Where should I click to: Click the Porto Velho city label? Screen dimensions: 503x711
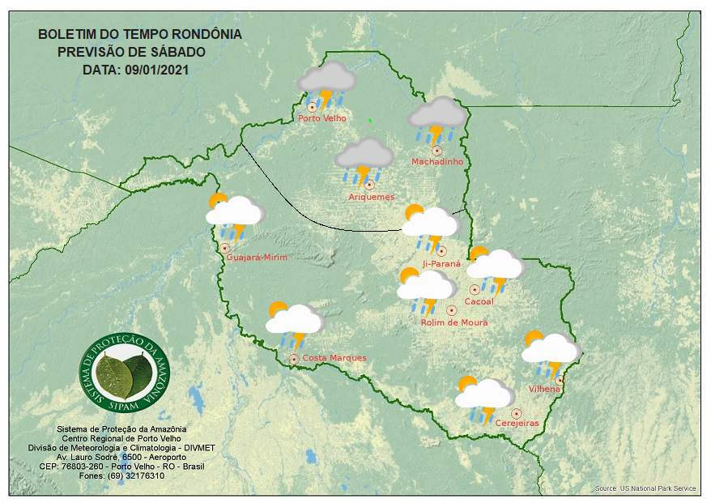point(322,118)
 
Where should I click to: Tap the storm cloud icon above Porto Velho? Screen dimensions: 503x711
point(326,84)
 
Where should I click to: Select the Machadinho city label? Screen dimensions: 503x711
point(437,162)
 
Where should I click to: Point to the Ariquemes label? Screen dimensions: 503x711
point(372,197)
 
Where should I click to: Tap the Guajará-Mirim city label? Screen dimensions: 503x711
point(257,258)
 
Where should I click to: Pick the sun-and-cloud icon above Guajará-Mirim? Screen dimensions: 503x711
point(234,215)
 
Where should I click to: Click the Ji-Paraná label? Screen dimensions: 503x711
point(441,264)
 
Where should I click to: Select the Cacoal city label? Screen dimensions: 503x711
point(479,302)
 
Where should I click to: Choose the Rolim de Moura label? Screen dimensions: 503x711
point(454,322)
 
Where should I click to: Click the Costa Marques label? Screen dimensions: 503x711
point(334,358)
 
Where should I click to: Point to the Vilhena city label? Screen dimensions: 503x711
point(545,390)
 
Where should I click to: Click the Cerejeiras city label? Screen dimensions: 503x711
point(517,424)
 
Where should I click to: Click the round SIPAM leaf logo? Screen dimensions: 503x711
point(126,370)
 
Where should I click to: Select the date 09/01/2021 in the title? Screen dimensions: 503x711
point(157,70)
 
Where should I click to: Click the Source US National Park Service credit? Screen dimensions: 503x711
point(645,488)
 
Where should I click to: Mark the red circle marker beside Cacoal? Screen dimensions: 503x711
point(474,289)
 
